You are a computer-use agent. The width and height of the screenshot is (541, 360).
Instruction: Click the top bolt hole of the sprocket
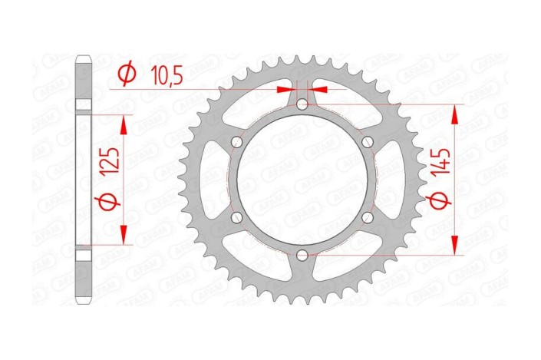click(x=302, y=104)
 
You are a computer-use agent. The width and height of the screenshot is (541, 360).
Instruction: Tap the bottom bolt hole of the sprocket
click(x=302, y=255)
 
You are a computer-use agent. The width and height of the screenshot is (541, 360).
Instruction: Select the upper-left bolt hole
click(x=236, y=141)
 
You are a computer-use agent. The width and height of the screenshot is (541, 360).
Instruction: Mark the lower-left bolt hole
click(x=236, y=217)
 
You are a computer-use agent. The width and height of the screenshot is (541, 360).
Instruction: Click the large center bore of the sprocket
click(x=302, y=180)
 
